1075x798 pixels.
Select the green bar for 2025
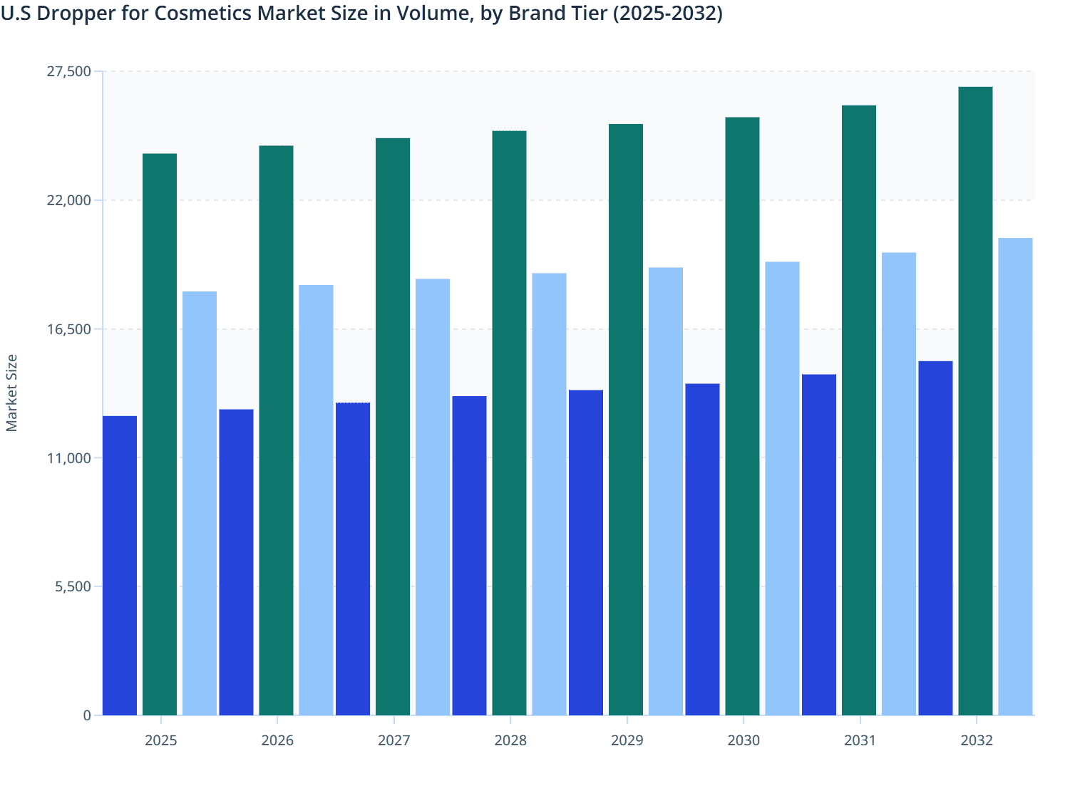pyautogui.click(x=160, y=434)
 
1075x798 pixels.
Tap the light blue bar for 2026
pyautogui.click(x=316, y=499)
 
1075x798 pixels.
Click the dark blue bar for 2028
pyautogui.click(x=469, y=555)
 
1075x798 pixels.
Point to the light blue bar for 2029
pyautogui.click(x=666, y=491)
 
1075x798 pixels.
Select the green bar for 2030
pyautogui.click(x=742, y=416)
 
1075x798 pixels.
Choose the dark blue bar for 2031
pyautogui.click(x=819, y=544)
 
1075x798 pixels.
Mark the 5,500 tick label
pyautogui.click(x=73, y=586)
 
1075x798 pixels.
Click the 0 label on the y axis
pyautogui.click(x=87, y=715)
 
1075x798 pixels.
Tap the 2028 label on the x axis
pyautogui.click(x=510, y=740)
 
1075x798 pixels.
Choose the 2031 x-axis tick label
pyautogui.click(x=860, y=740)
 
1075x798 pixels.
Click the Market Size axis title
pyautogui.click(x=11, y=393)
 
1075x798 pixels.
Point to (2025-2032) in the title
pyautogui.click(x=668, y=13)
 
